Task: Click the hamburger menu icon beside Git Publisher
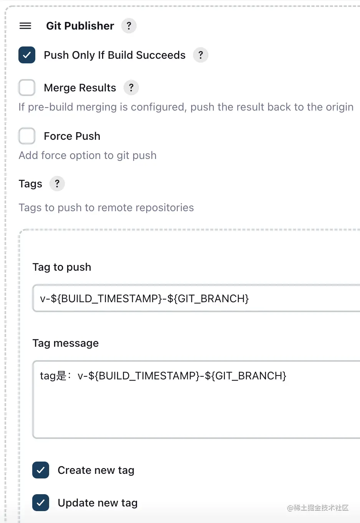[25, 26]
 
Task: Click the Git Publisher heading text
[80, 26]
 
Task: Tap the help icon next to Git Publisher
[129, 26]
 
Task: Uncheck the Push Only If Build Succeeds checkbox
[27, 55]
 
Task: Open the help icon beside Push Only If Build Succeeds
[200, 55]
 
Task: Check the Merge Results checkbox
[27, 88]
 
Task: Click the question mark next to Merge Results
[131, 88]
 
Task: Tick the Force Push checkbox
[27, 136]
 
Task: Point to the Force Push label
[72, 136]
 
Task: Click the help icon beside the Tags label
[57, 184]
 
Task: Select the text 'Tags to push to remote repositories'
[106, 208]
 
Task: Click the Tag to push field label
[62, 267]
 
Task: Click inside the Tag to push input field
[196, 298]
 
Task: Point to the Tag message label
[66, 343]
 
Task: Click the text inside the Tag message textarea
[163, 376]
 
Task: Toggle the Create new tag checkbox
[41, 470]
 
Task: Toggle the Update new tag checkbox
[41, 503]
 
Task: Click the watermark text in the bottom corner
[318, 508]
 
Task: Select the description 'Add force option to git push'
[88, 155]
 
